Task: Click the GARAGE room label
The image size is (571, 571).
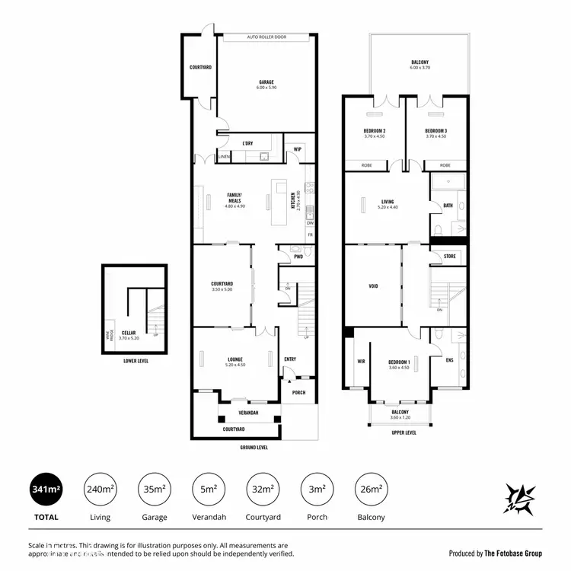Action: pos(266,82)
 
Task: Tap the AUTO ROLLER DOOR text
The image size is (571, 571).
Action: pos(266,36)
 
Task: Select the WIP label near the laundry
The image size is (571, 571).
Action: pos(298,149)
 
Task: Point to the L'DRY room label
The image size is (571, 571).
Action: pos(247,143)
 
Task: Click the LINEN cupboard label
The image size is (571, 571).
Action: pos(224,157)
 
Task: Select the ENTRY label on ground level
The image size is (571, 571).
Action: pos(290,359)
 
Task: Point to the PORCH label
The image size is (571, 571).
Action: pos(298,393)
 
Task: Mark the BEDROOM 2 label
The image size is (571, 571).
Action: pos(374,131)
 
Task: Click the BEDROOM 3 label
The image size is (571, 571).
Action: pos(435,131)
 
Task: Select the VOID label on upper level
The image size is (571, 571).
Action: pos(373,287)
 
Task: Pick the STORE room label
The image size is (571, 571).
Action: pos(449,257)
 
